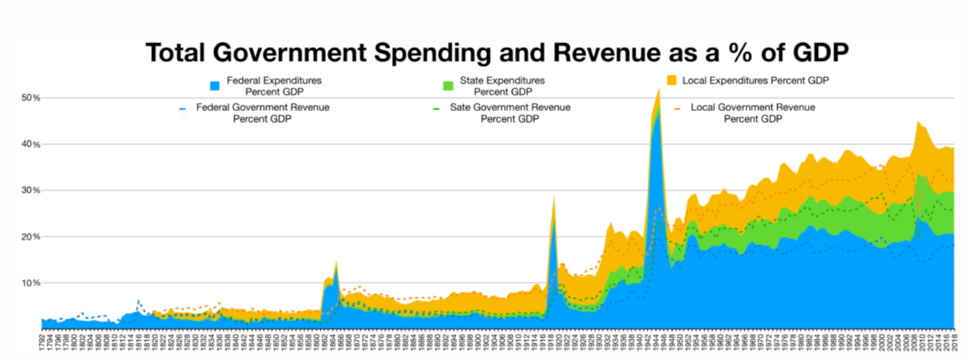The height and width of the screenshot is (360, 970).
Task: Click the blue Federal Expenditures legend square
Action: [x=215, y=86]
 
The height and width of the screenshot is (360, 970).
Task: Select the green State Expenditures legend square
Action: [x=448, y=86]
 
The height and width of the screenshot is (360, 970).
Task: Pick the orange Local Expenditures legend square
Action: [x=672, y=81]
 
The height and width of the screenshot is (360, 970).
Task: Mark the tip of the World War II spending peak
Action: [x=659, y=88]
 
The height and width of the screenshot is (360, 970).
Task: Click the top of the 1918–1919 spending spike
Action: [x=553, y=196]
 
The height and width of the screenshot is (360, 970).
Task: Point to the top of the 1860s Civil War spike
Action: [x=336, y=261]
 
